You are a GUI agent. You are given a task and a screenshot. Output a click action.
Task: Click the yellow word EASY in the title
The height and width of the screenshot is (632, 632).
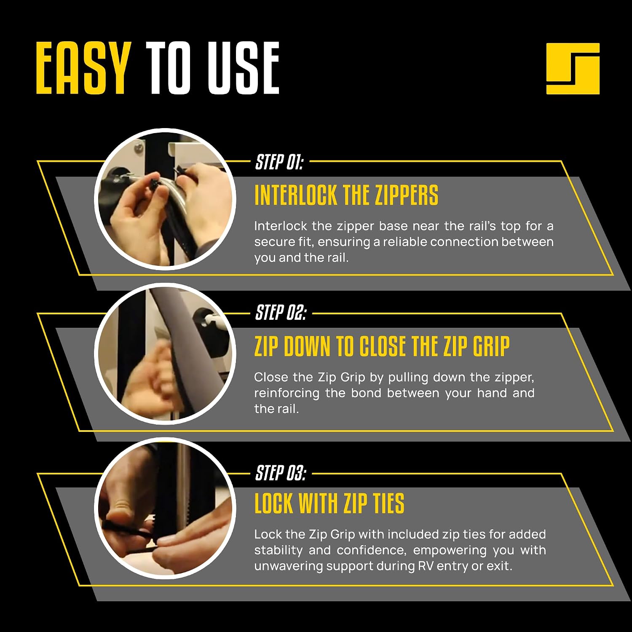(83, 68)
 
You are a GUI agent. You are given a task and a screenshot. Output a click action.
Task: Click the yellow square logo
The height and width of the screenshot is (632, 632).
(573, 68)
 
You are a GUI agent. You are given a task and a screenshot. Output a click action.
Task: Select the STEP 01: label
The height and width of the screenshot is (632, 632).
(279, 162)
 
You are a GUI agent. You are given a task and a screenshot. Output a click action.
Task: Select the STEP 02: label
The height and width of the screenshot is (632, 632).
(281, 313)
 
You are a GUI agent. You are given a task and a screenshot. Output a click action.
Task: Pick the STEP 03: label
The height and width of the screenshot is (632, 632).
(281, 473)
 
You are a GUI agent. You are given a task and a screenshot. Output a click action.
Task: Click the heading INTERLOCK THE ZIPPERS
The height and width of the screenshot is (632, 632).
(346, 195)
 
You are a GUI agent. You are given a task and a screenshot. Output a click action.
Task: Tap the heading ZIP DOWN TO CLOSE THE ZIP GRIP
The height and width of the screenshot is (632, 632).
(382, 346)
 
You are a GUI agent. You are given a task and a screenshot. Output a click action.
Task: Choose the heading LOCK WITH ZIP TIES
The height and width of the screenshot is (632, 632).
(329, 503)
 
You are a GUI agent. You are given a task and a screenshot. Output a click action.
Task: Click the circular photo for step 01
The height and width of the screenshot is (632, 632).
(165, 199)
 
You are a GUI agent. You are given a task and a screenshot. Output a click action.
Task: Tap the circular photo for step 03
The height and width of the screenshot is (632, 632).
(165, 508)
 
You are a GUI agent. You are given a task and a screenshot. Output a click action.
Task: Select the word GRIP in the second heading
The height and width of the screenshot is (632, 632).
(491, 346)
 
